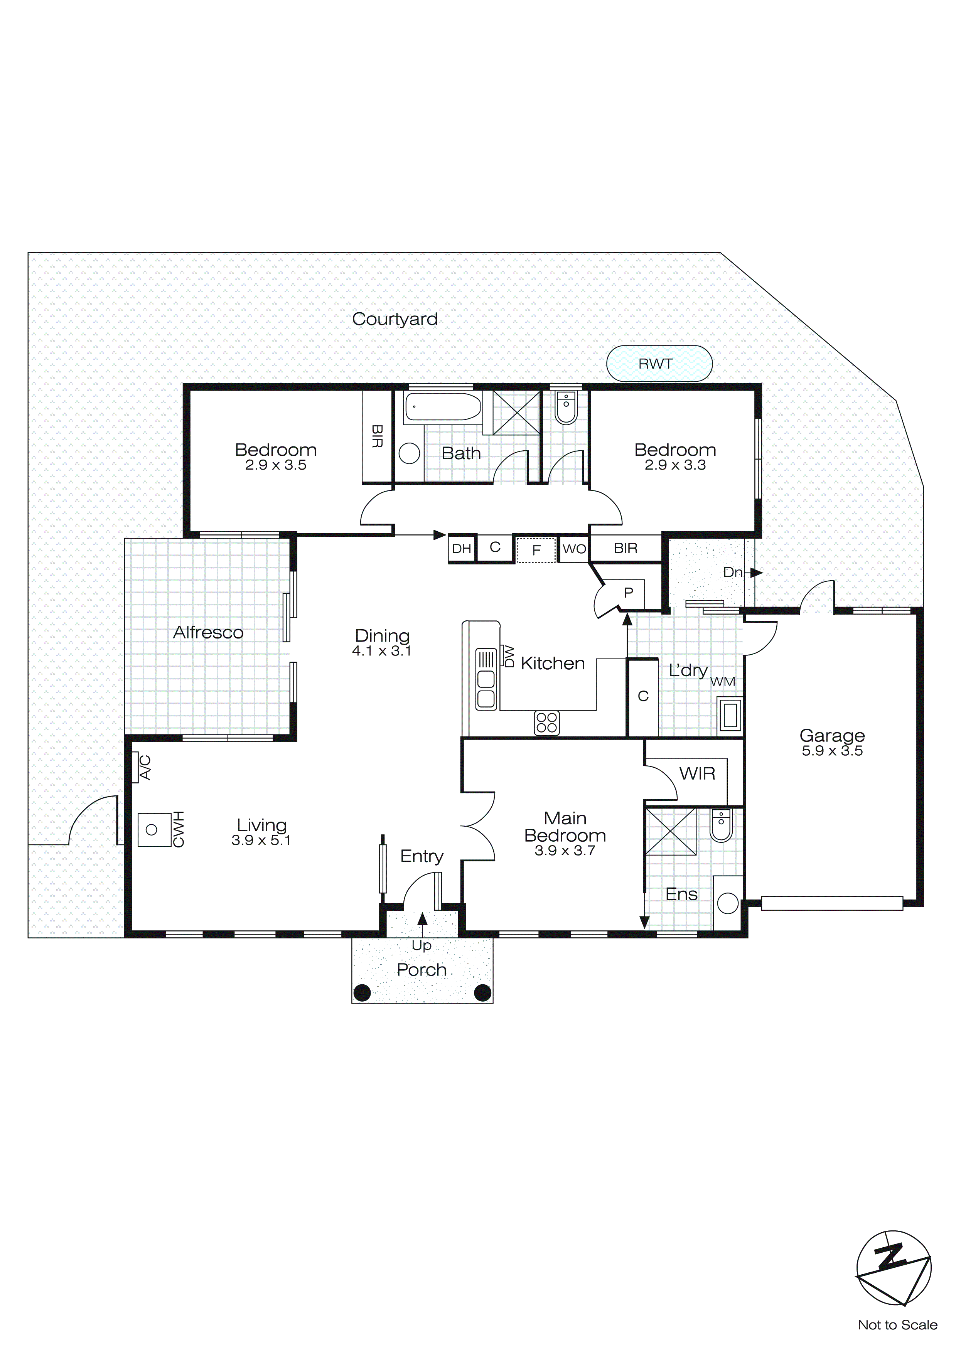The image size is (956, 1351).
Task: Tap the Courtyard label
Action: (395, 319)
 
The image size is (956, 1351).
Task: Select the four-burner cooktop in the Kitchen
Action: (546, 723)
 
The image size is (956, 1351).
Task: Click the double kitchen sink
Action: (486, 689)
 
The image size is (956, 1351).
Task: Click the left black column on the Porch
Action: (362, 993)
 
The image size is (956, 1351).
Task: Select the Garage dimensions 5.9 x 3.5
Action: (832, 751)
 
